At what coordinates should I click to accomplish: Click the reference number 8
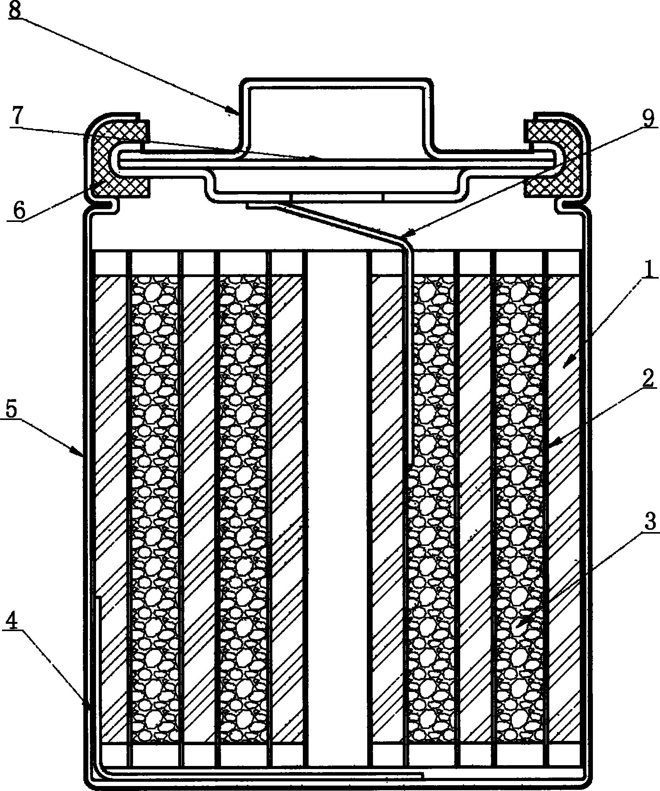[x=14, y=10]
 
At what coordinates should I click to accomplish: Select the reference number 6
[x=19, y=210]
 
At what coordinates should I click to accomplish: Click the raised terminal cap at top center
[x=336, y=116]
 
